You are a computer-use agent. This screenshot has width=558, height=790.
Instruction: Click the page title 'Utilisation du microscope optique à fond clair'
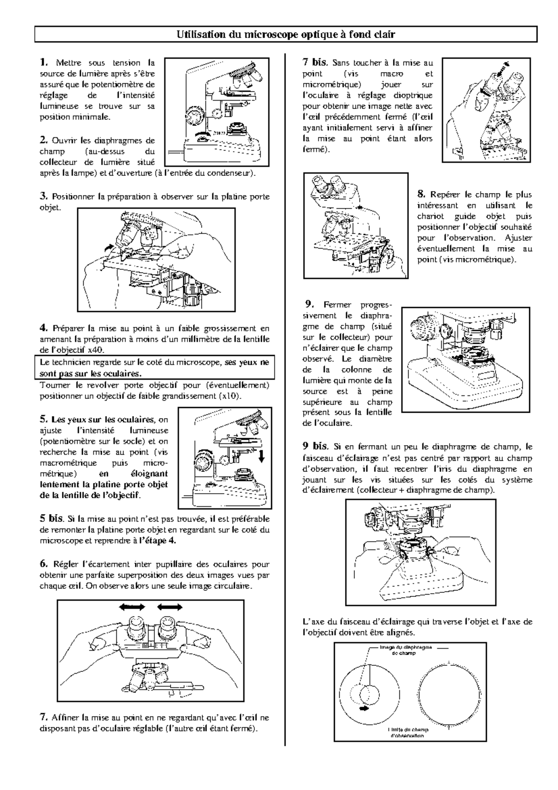click(x=286, y=34)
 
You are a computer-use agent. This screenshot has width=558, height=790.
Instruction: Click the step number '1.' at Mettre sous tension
click(x=44, y=62)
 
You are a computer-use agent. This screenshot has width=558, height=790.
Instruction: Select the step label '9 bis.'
click(x=315, y=446)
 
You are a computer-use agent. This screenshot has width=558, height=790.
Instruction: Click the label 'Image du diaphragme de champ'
click(x=405, y=650)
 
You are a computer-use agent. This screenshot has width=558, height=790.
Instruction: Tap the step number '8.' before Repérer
click(x=421, y=194)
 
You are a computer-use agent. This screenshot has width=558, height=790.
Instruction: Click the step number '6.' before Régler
click(x=44, y=564)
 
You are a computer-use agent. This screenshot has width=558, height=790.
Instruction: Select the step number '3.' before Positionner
click(x=44, y=196)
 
